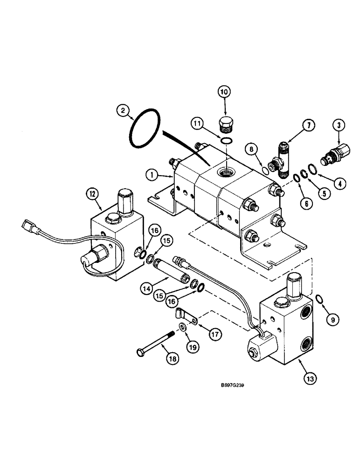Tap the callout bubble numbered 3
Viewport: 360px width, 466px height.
[x=338, y=125]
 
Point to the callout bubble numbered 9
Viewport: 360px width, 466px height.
[x=333, y=320]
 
